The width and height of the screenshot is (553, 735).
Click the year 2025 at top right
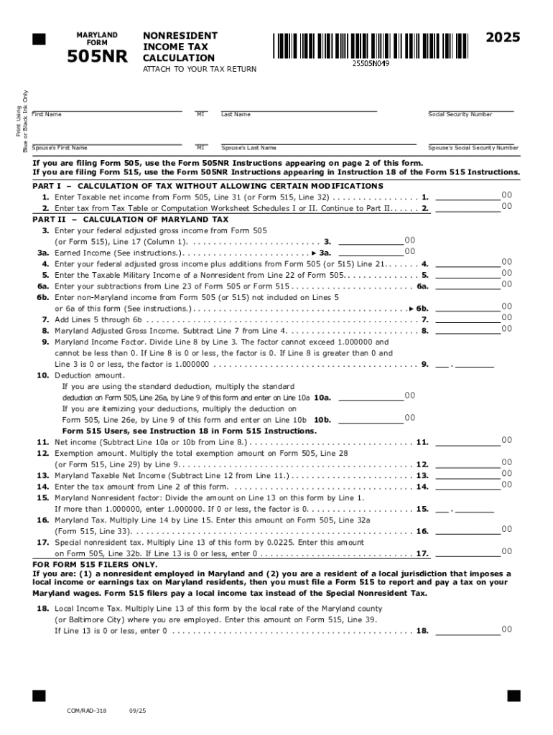click(503, 38)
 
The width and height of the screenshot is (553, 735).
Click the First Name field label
click(47, 115)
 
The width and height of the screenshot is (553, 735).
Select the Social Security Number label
click(460, 115)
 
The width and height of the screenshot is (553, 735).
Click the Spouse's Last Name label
click(248, 148)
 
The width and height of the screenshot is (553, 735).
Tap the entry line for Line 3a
click(371, 252)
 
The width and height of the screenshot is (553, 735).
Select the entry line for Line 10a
click(371, 396)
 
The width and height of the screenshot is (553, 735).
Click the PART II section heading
click(131, 219)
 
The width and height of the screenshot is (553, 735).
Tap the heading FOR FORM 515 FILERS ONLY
click(95, 564)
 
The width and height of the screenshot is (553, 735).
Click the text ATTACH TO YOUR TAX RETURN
click(199, 69)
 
